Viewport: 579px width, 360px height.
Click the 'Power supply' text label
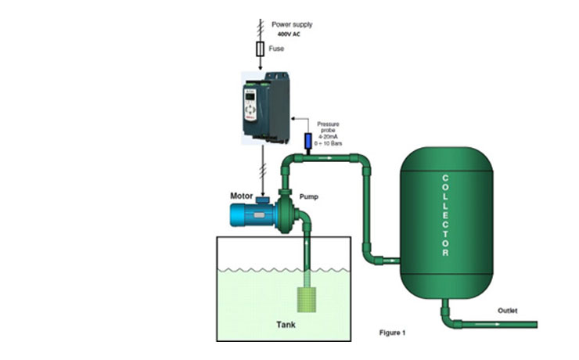pos(291,24)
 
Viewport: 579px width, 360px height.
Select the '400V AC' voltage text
pos(290,34)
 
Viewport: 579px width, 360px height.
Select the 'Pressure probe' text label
pos(328,127)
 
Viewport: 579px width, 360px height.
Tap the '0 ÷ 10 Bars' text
pos(328,144)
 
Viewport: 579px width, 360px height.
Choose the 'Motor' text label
pos(242,195)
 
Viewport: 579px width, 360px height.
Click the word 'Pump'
pos(308,197)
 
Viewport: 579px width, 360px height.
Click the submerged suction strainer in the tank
pos(307,298)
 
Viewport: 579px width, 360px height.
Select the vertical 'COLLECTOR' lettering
pos(445,215)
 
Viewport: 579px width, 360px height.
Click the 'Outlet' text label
pos(507,311)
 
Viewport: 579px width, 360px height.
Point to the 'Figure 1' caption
pos(391,333)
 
